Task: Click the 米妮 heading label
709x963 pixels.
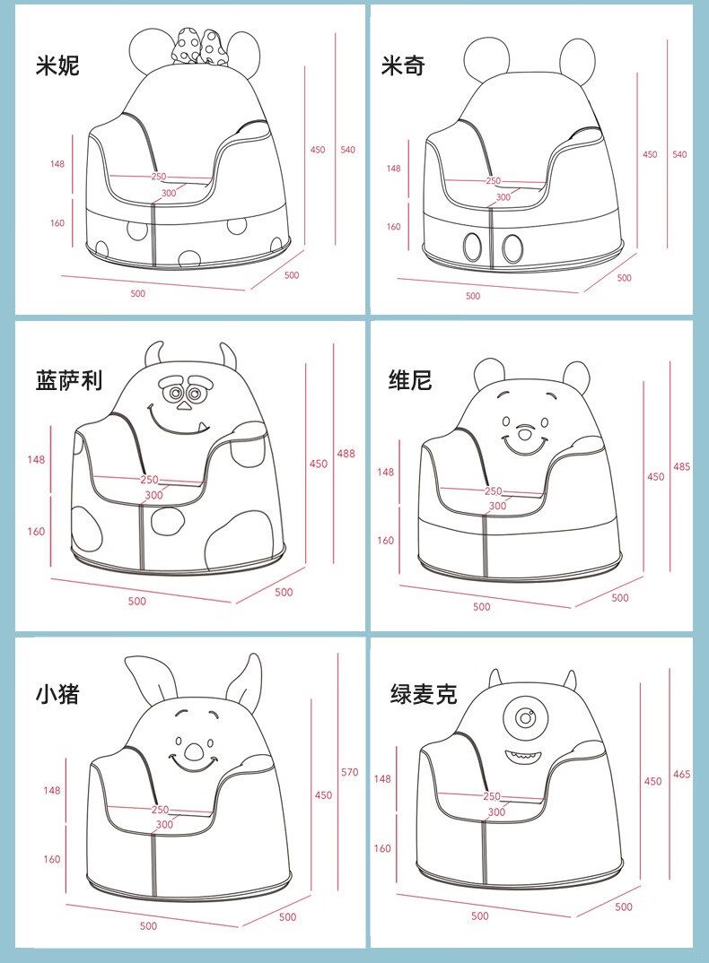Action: click(x=57, y=65)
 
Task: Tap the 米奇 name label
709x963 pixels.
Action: click(x=403, y=65)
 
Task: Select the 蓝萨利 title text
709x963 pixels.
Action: click(x=69, y=381)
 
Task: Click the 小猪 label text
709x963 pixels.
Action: click(x=57, y=694)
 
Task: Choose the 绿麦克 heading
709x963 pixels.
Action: click(x=424, y=694)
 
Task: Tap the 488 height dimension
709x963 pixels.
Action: click(x=346, y=453)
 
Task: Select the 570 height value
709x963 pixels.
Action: click(x=349, y=772)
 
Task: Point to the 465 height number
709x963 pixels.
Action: click(x=681, y=775)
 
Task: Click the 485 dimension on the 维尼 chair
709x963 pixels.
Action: click(x=681, y=467)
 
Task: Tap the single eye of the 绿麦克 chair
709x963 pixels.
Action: click(x=524, y=716)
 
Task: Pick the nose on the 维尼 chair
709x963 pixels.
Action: click(x=524, y=434)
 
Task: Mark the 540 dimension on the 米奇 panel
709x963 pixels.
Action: click(x=679, y=154)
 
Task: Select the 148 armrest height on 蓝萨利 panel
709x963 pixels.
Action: click(x=36, y=459)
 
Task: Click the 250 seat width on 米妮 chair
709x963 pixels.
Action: click(x=159, y=177)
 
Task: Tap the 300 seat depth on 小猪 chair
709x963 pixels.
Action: click(x=164, y=824)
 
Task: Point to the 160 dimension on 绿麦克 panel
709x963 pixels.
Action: click(x=382, y=848)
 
